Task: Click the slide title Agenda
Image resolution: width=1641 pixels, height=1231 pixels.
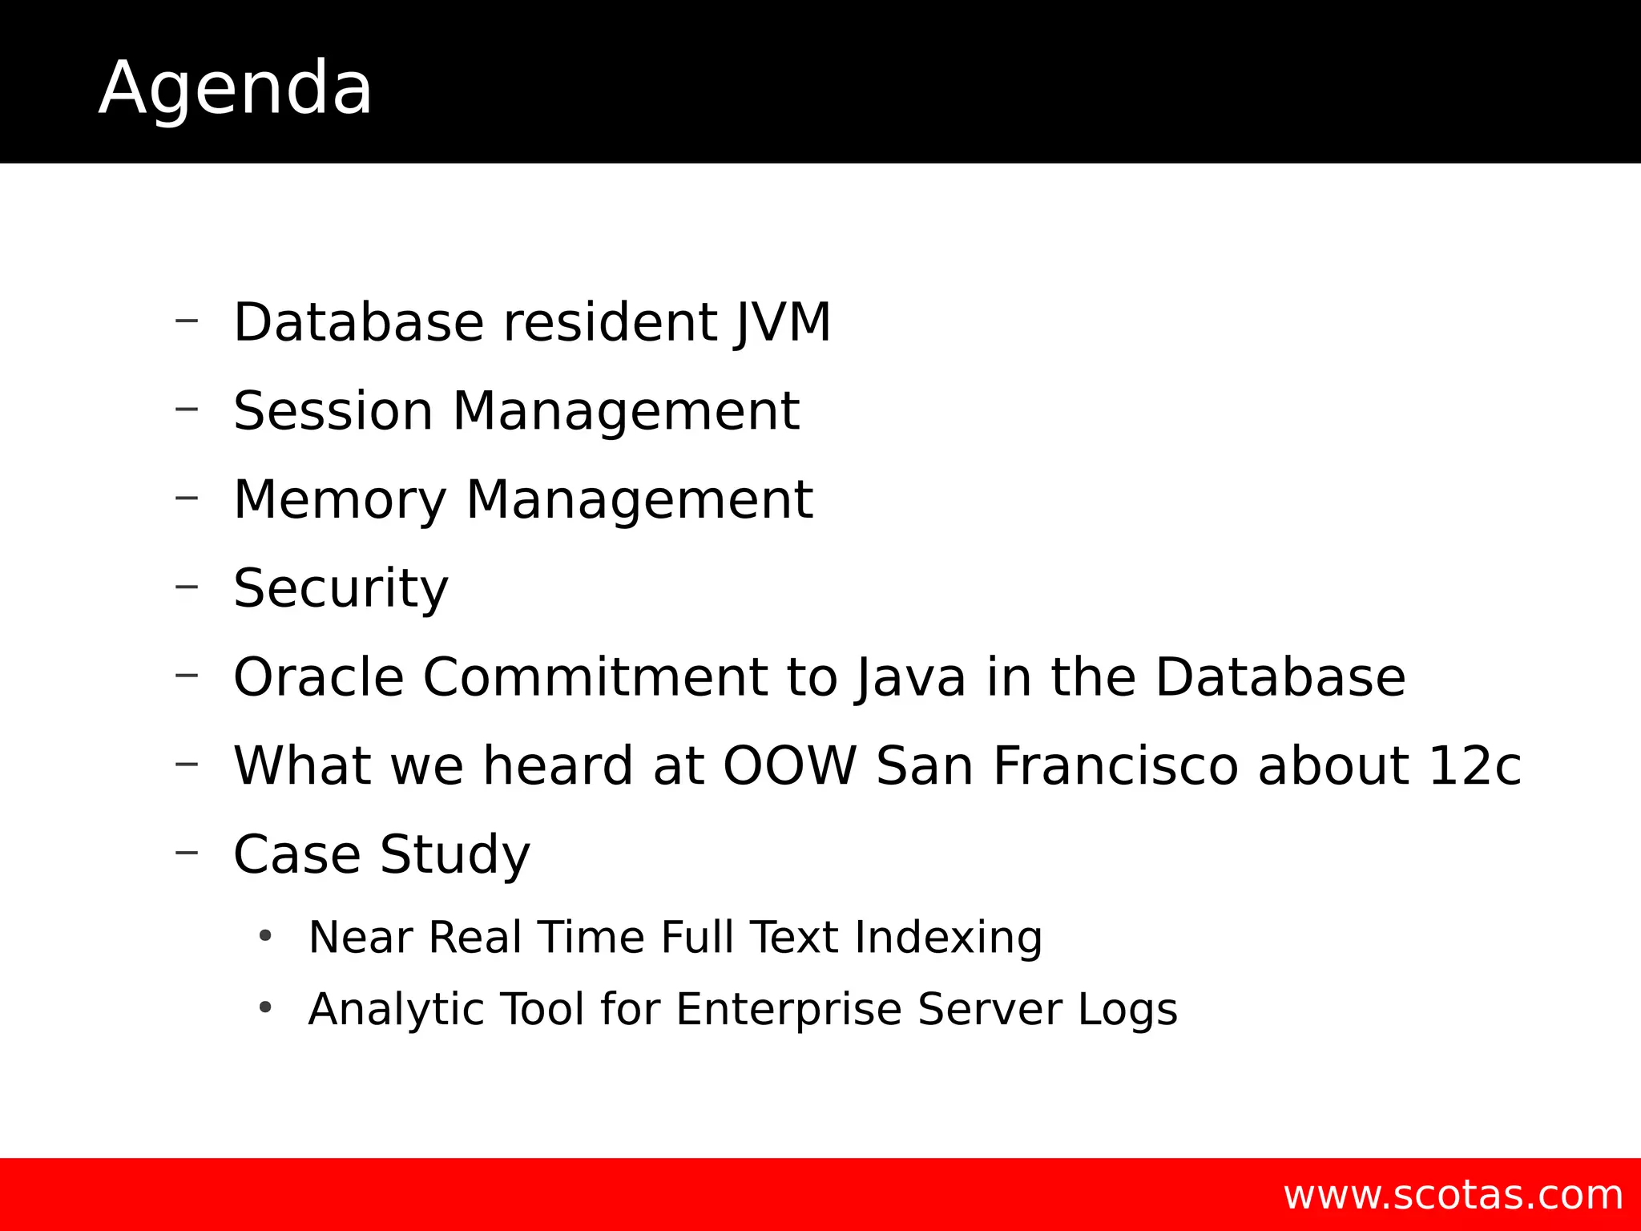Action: [x=235, y=88]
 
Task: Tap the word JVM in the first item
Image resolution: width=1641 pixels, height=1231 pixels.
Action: [x=783, y=323]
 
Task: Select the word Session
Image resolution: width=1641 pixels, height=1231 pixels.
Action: [x=333, y=411]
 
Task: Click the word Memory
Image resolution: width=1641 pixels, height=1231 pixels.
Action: [x=339, y=500]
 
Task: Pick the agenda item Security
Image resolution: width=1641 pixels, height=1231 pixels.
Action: [x=341, y=589]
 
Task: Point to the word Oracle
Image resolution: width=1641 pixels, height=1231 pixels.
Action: [x=318, y=677]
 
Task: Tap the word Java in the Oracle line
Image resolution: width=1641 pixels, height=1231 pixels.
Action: [x=910, y=677]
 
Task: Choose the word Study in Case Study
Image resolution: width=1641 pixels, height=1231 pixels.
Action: [x=454, y=854]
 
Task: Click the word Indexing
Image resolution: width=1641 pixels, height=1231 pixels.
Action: [x=948, y=937]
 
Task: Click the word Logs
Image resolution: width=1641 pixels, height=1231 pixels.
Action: [x=1127, y=1009]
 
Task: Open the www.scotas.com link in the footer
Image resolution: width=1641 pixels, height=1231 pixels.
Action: [x=1453, y=1195]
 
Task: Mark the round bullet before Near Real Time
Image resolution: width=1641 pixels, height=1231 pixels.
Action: [x=265, y=935]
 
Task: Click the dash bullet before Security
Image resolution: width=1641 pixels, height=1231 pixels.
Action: [x=187, y=587]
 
